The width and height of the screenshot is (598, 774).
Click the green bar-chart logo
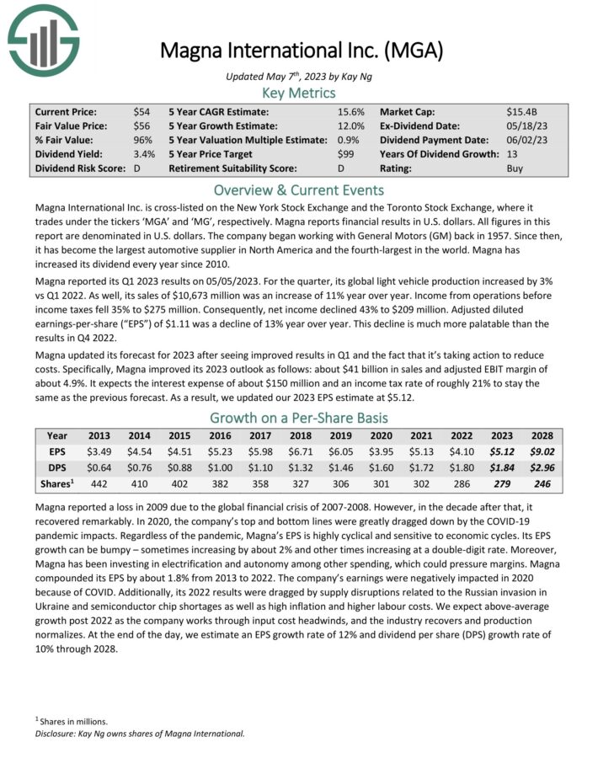click(43, 38)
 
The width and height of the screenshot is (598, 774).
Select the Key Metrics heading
click(298, 93)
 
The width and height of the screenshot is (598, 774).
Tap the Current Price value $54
click(141, 111)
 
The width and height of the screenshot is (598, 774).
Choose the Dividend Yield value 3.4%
click(144, 154)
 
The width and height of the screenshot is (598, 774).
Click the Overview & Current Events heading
click(298, 189)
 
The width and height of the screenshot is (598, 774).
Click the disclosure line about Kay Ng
click(140, 734)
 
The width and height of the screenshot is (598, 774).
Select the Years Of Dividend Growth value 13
click(512, 154)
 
